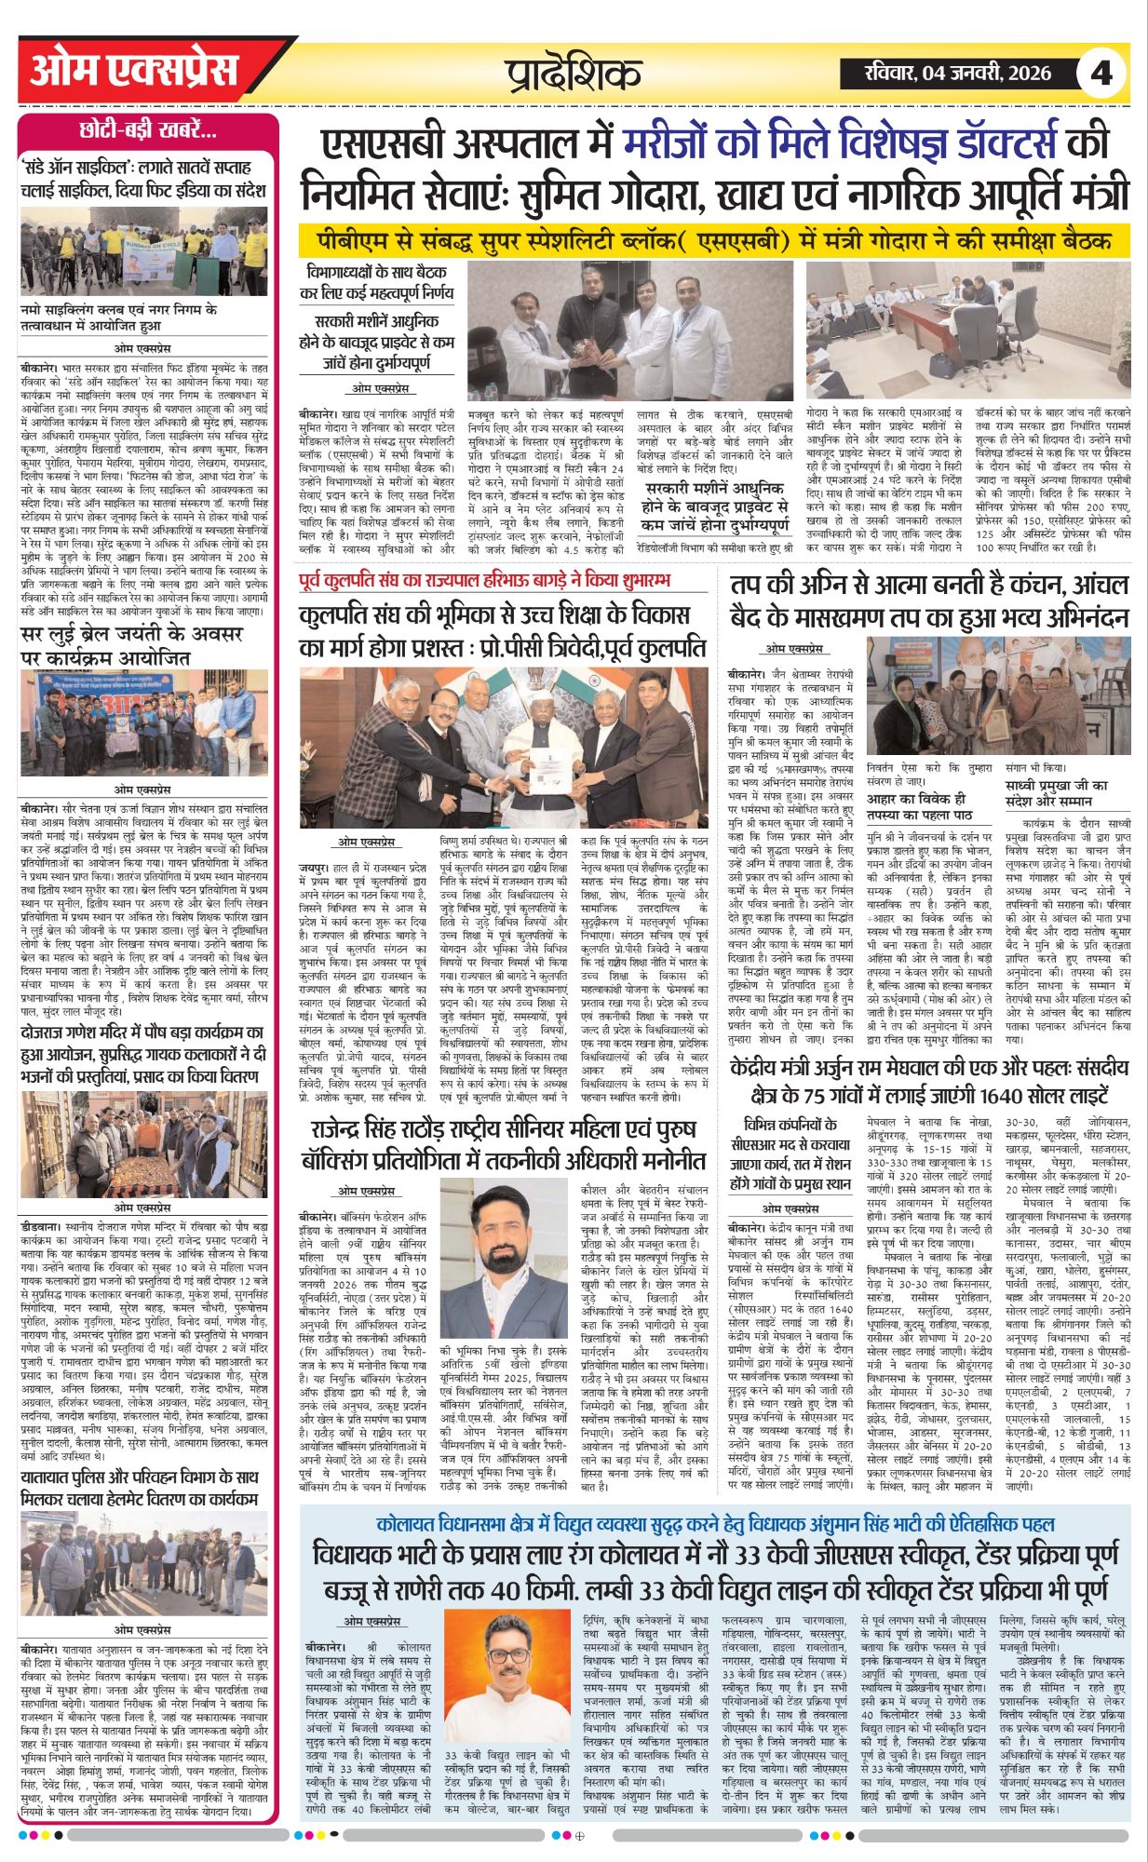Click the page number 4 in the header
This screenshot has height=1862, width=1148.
coord(1101,73)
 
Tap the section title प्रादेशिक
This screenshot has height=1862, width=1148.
coord(574,74)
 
